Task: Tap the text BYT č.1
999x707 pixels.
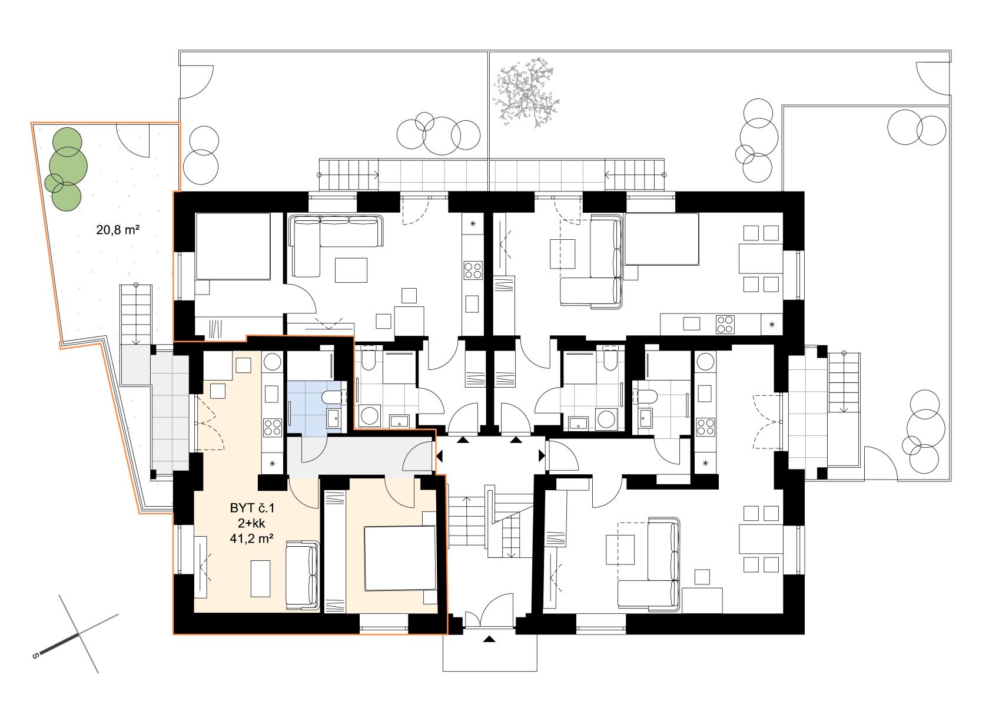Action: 252,508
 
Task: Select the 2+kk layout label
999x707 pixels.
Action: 251,524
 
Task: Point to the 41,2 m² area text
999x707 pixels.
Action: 251,538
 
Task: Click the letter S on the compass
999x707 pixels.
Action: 35,656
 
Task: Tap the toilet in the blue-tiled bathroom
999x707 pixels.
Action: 332,397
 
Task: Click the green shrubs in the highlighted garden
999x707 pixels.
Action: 66,169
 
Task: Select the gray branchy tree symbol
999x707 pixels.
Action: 526,93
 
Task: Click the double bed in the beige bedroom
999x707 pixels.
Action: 400,559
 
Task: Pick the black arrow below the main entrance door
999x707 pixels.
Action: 490,639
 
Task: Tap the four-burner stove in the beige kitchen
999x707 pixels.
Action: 273,427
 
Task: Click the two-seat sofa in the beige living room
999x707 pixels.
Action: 303,576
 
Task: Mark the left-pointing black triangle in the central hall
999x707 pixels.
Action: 439,456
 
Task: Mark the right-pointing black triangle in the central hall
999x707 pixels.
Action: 542,455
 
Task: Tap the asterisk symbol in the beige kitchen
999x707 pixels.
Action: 273,464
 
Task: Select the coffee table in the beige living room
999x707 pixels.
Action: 260,579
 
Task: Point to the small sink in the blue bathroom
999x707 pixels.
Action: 333,419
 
